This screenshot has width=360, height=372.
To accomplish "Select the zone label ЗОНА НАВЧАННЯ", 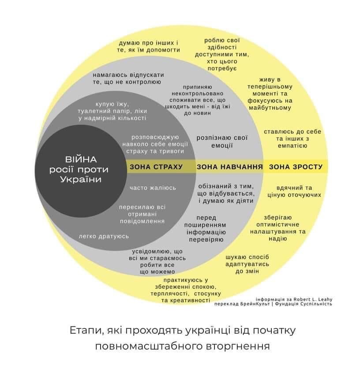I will point(229,167).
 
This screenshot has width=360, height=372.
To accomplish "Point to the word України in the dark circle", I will point(81,179).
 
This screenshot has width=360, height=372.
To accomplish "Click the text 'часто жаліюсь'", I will point(153,188).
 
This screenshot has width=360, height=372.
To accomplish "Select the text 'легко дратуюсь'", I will point(104,236).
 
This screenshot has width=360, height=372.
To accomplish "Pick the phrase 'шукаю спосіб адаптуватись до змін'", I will point(247,264).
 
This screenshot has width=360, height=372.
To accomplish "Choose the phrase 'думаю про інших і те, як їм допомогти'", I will point(150,46).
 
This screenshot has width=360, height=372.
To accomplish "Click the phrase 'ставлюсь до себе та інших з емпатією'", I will point(292,138).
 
